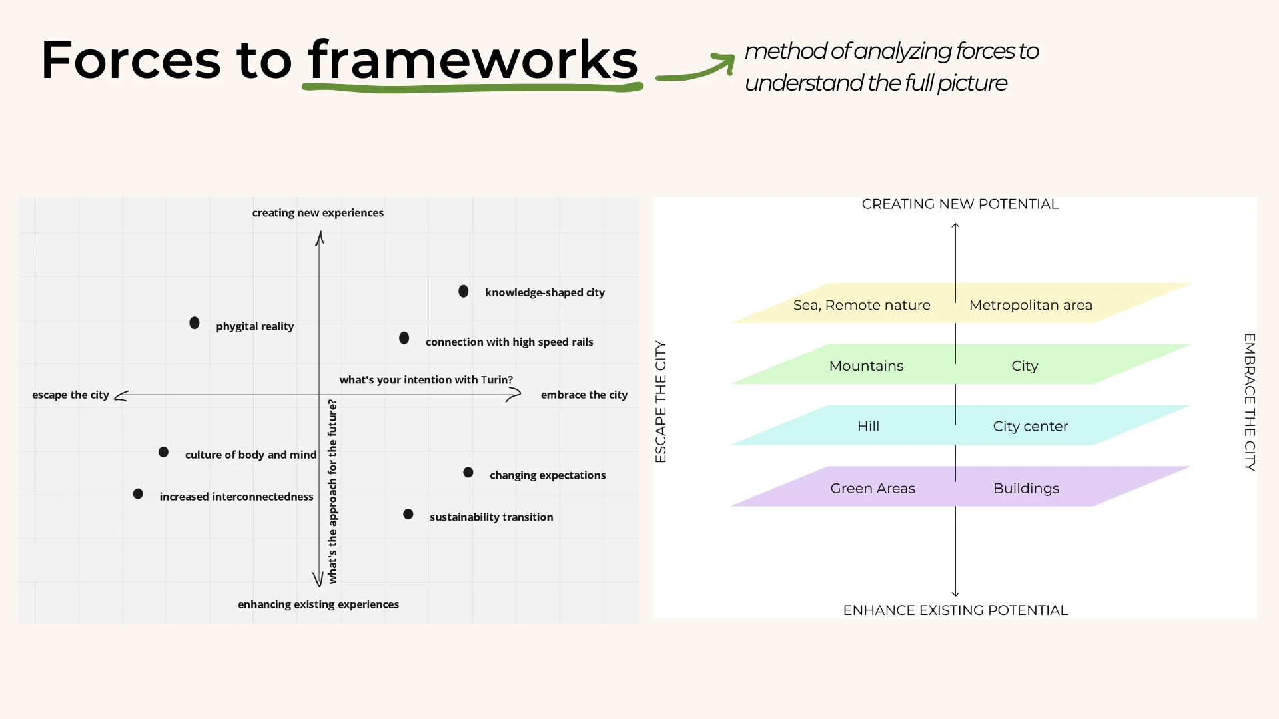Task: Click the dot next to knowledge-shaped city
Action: click(464, 292)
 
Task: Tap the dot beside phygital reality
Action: click(195, 323)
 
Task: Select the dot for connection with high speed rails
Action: click(404, 338)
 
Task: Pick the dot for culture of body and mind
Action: click(163, 453)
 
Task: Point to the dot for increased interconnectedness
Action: click(138, 494)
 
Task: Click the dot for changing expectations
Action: click(468, 473)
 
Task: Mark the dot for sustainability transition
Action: click(408, 515)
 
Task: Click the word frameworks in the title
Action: click(473, 60)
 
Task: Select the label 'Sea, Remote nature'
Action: click(861, 305)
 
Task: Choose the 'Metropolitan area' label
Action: click(1031, 305)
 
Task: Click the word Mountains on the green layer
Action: click(866, 366)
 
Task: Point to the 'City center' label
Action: click(1030, 427)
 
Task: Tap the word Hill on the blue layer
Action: click(868, 427)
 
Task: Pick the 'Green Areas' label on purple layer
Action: click(873, 489)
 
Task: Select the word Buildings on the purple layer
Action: click(1026, 489)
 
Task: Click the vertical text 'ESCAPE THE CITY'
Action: click(661, 401)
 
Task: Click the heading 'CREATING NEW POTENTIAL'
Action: click(960, 204)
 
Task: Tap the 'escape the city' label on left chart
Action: click(71, 395)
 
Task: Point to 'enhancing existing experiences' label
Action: click(318, 604)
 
